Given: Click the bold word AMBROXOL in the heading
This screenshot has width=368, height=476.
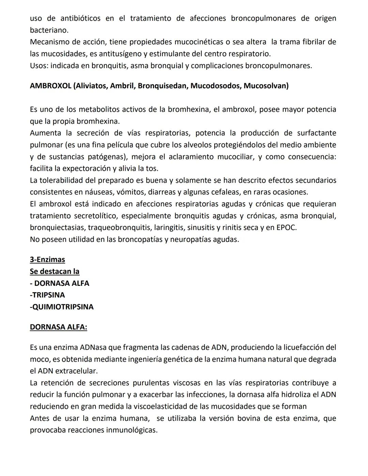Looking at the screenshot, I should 50,86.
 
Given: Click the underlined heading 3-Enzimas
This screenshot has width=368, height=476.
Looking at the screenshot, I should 47,260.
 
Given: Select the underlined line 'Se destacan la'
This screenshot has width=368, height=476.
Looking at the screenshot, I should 55,272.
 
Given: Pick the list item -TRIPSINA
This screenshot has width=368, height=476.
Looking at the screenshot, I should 47,295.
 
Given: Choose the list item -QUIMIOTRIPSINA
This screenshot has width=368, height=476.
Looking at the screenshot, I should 62,307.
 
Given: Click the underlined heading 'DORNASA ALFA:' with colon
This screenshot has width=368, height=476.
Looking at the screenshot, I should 58,327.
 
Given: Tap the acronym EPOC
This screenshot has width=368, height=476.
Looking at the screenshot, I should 286,228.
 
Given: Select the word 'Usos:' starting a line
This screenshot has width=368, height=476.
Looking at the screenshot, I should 39,66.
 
